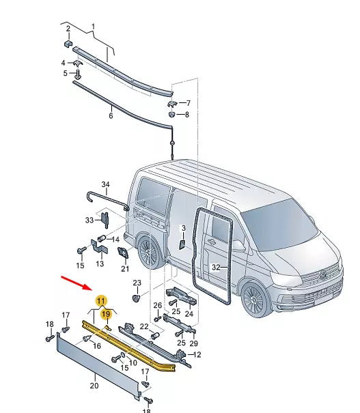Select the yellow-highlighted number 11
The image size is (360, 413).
(100, 300)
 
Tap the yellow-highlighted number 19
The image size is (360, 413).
(106, 315)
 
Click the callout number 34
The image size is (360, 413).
(105, 184)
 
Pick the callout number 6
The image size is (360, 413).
(111, 116)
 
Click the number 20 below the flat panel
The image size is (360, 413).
(94, 385)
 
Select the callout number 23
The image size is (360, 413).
(137, 283)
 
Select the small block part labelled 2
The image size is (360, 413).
(68, 44)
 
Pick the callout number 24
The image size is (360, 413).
(189, 314)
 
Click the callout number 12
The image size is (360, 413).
(198, 354)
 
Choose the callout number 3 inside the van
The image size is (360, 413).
(182, 229)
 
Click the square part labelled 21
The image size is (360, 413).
(124, 254)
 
